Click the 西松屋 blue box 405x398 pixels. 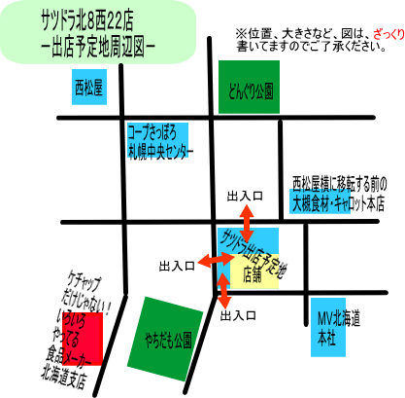coord(89,87)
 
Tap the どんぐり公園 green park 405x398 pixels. coord(249,87)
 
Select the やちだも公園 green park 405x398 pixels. coord(165,340)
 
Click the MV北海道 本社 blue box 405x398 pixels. coord(328,327)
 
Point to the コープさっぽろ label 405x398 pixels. coord(152,132)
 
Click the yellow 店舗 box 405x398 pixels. coord(254,271)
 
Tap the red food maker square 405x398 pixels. coord(83,339)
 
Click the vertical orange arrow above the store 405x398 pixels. coord(247,224)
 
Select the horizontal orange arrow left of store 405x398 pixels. coord(216,260)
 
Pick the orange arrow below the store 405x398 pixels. coord(223,291)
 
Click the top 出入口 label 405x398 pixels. coord(245,196)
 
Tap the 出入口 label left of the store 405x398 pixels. coord(177,267)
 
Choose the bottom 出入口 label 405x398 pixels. coord(238,315)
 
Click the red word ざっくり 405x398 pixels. coord(388,34)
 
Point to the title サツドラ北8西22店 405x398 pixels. coord(87,20)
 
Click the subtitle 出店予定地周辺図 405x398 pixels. coord(98,48)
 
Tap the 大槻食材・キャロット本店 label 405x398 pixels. coord(338,204)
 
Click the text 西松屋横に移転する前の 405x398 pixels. coord(340,184)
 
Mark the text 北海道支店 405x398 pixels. coord(64,377)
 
